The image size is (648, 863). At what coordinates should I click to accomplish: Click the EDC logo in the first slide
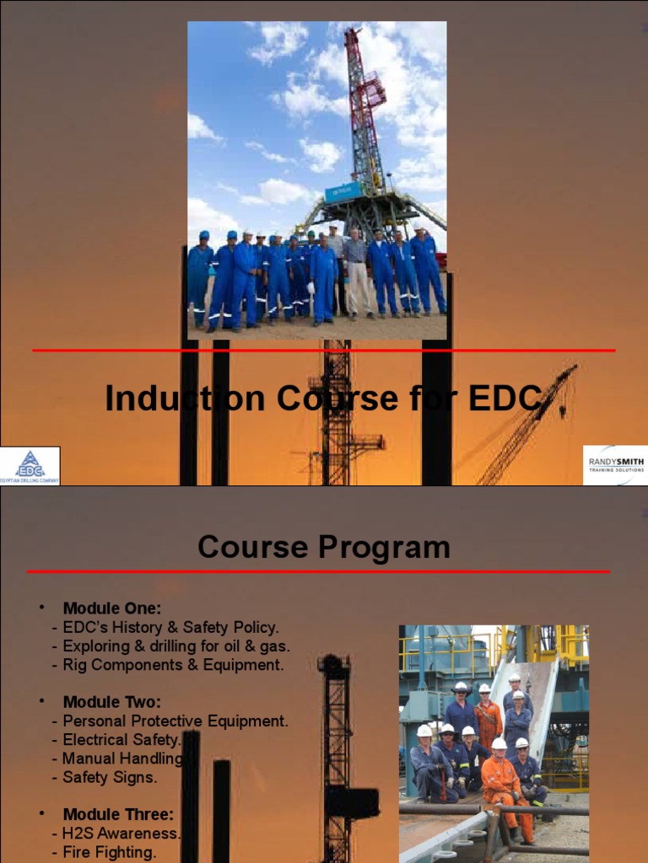[x=30, y=465]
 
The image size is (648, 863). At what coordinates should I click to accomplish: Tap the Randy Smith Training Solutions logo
[x=615, y=465]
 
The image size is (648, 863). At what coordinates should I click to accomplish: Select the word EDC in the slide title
[x=507, y=398]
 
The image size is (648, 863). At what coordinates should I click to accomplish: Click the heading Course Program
[x=323, y=548]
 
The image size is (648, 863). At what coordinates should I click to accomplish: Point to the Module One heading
[x=111, y=608]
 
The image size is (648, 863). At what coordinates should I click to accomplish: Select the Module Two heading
[x=111, y=702]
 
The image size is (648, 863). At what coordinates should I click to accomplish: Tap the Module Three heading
[x=118, y=815]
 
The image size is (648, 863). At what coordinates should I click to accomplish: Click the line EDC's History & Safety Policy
[x=165, y=627]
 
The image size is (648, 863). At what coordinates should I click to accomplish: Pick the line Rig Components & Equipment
[x=167, y=665]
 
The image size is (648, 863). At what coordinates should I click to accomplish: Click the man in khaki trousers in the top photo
[x=357, y=274]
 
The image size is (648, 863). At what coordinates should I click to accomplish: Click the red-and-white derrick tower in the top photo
[x=364, y=110]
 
